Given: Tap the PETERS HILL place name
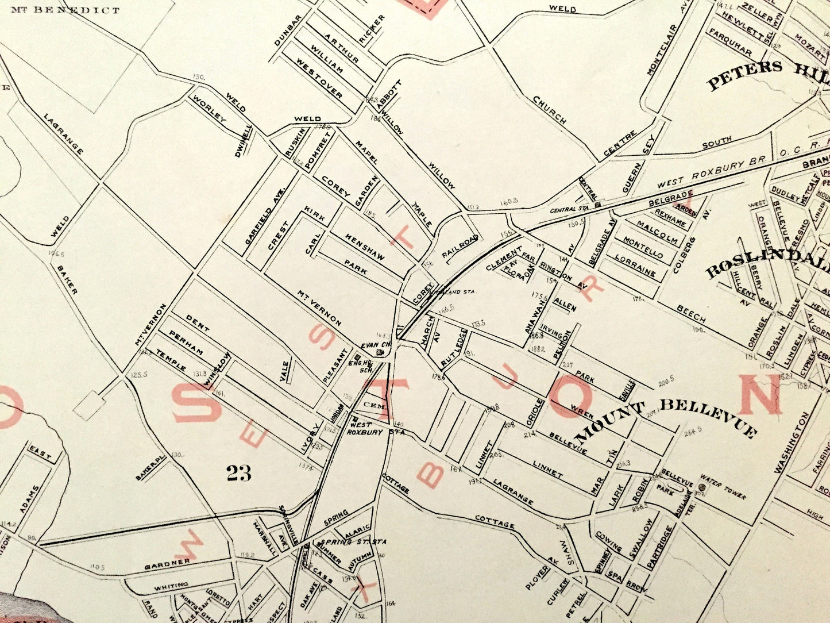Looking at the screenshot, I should (767, 73).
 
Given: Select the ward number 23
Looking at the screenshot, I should (239, 473).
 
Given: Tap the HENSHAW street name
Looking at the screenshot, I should (365, 246).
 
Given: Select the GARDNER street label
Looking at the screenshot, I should (167, 562).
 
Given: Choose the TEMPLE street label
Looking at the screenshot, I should (171, 359).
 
